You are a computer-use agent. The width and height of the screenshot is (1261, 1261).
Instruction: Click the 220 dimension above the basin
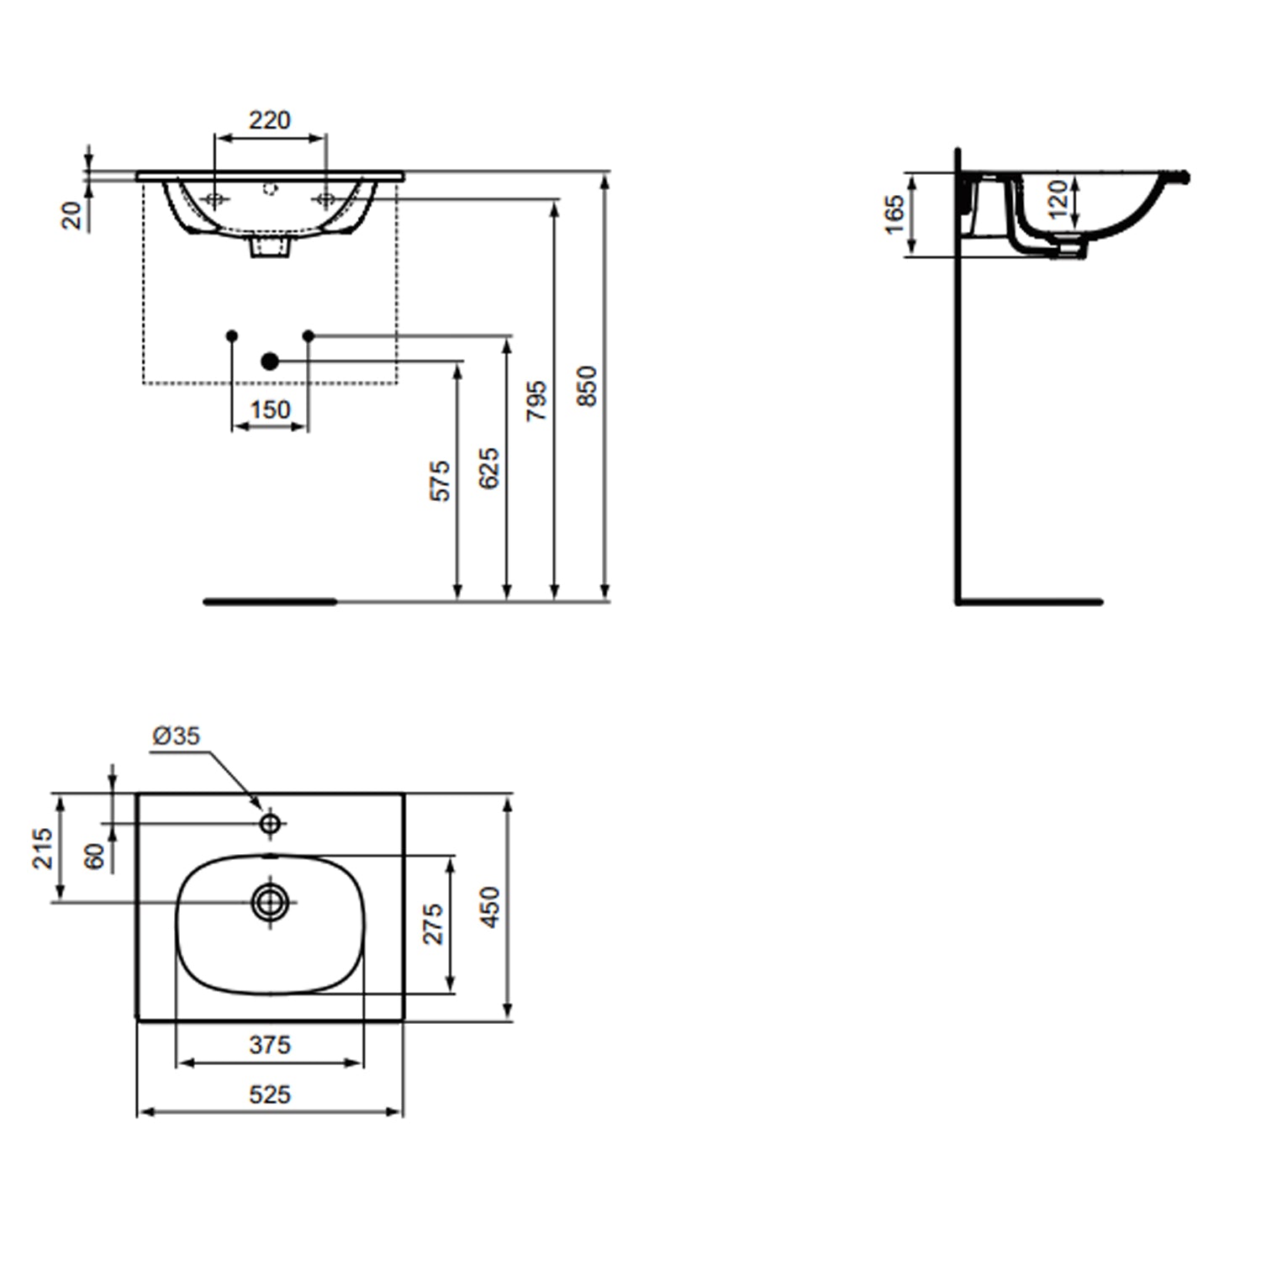(x=269, y=120)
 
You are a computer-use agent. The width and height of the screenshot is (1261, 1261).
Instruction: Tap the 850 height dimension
(x=588, y=386)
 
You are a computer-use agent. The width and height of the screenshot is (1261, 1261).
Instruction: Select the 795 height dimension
(x=537, y=401)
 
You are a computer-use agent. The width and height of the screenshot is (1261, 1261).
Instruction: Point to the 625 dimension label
(x=489, y=468)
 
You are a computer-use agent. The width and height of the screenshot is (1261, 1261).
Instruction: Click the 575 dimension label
(x=441, y=481)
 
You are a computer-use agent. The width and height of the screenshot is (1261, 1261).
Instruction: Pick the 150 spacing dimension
(x=270, y=410)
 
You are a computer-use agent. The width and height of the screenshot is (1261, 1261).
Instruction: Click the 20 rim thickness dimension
(x=74, y=215)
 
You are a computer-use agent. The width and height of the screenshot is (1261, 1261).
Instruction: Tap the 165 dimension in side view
(x=895, y=214)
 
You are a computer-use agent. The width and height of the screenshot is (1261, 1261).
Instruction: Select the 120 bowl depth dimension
(x=1058, y=198)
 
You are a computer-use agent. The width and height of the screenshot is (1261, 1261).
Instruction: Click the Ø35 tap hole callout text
(x=177, y=736)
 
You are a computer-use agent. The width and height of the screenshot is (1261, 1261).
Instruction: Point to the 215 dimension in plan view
(x=43, y=848)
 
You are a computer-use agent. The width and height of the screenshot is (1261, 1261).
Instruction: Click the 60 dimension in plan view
(x=95, y=856)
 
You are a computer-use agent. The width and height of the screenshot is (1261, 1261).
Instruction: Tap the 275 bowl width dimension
(x=434, y=924)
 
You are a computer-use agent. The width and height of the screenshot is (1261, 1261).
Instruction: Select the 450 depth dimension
(x=490, y=906)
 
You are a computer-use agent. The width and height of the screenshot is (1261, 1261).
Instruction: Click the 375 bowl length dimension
(x=270, y=1045)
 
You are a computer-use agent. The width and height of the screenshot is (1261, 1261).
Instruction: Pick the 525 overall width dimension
(x=270, y=1094)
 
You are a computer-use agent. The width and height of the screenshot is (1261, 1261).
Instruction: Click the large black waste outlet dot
(x=269, y=361)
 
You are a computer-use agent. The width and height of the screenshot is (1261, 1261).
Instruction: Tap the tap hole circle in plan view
(x=270, y=823)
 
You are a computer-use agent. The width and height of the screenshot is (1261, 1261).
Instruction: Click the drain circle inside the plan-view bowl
(x=270, y=902)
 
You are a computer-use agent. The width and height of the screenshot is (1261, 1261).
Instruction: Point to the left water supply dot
(x=233, y=335)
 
